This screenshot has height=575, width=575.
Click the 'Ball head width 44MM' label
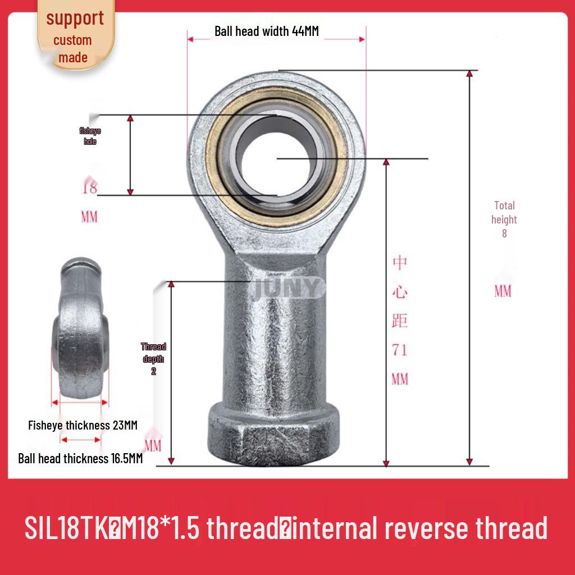point(266,31)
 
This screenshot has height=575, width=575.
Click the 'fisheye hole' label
point(90,136)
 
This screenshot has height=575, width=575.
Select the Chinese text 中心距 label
point(399,292)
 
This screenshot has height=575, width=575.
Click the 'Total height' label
point(504,213)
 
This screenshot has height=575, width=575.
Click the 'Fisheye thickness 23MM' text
point(83,425)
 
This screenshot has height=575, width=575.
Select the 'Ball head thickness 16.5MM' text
point(80,459)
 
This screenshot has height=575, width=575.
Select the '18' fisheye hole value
point(89,188)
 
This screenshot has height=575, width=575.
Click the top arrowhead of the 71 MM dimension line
point(386,163)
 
